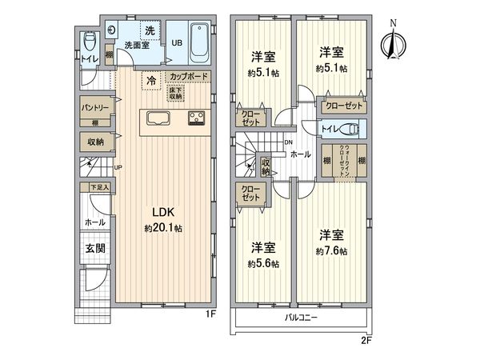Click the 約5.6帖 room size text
coord(263,263)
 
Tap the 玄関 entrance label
coord(94,248)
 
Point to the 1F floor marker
coord(210,314)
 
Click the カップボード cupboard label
coord(189,77)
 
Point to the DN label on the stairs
coord(288,142)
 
